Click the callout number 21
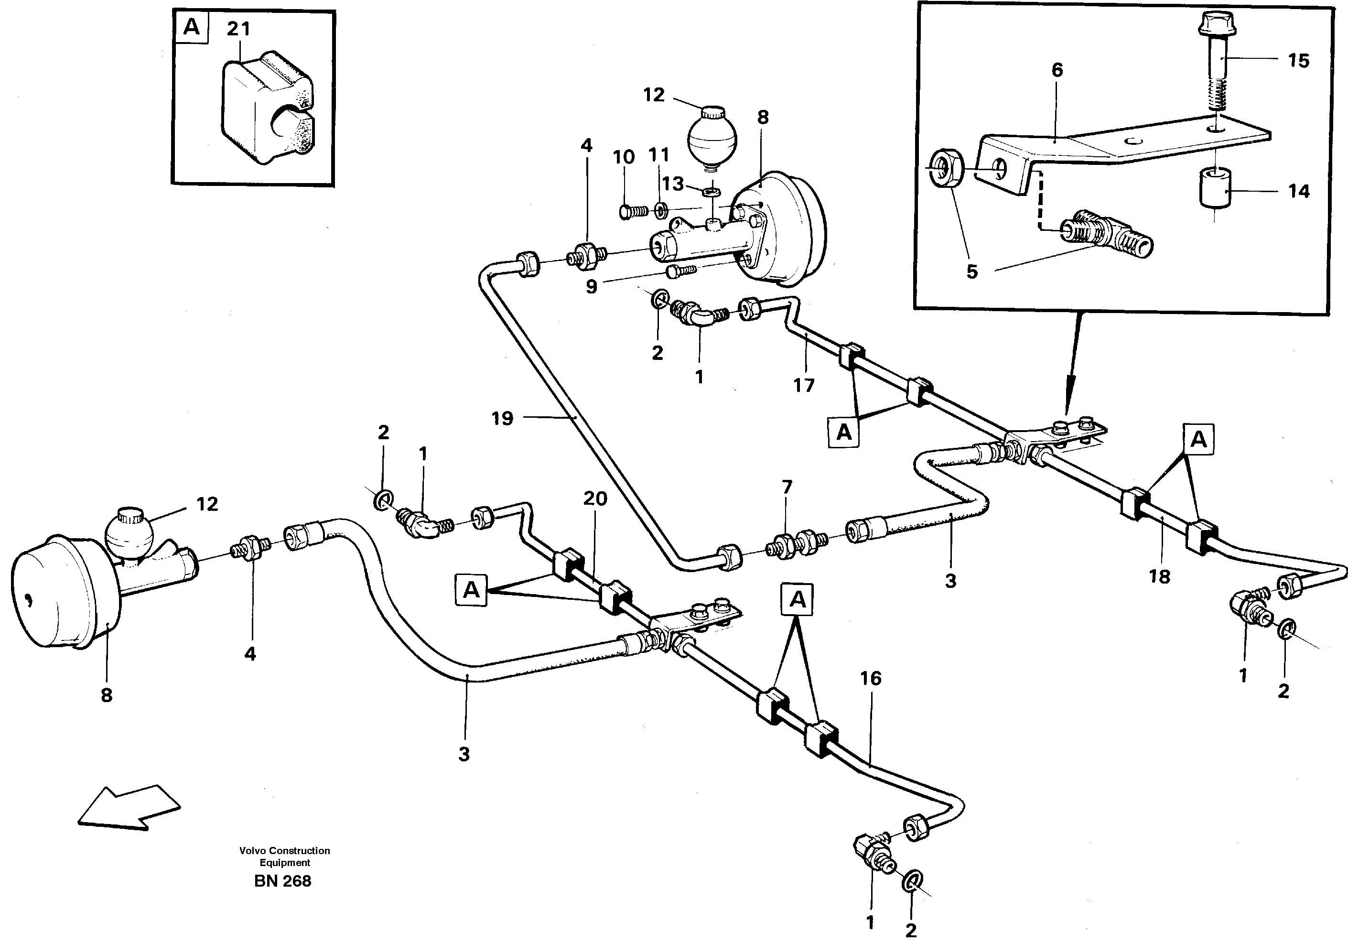pyautogui.click(x=238, y=29)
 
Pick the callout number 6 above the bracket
pyautogui.click(x=1057, y=70)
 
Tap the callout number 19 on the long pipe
pyautogui.click(x=502, y=418)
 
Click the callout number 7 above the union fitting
pyautogui.click(x=787, y=487)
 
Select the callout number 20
pyautogui.click(x=595, y=499)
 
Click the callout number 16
pyautogui.click(x=871, y=678)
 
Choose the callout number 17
pyautogui.click(x=804, y=385)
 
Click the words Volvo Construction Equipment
pyautogui.click(x=285, y=856)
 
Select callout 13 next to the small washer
pyautogui.click(x=673, y=184)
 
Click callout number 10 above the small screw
pyautogui.click(x=624, y=157)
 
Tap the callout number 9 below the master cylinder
pyautogui.click(x=591, y=287)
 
